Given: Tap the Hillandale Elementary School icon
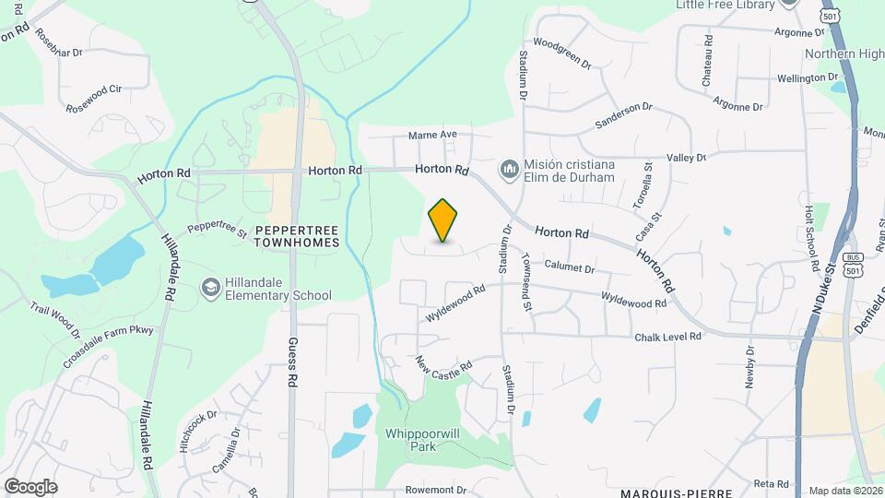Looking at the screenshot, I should (211, 289).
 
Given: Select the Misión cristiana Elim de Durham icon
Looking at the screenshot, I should (509, 170).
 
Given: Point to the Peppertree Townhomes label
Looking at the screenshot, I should (297, 235).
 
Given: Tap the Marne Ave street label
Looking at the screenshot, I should (433, 135).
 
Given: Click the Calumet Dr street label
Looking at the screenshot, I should (570, 267).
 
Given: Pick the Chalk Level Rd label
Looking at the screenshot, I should (668, 338).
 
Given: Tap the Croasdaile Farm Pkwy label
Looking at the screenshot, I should (108, 346).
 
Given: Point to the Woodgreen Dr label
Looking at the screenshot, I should (561, 53).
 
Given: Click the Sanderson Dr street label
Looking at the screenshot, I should (623, 115).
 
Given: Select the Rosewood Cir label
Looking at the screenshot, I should (93, 97).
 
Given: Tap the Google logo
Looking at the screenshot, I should (30, 486).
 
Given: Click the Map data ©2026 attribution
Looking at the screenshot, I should (844, 491).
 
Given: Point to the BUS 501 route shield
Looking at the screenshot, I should (853, 264).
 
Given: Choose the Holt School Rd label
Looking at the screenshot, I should (811, 238).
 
